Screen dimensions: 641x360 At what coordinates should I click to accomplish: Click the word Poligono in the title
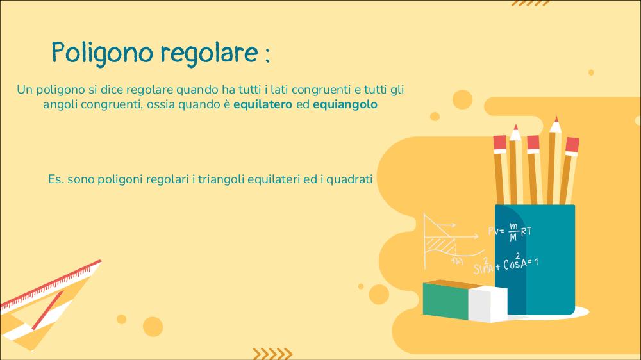(x=102, y=53)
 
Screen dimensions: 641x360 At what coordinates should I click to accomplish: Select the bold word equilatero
(x=262, y=104)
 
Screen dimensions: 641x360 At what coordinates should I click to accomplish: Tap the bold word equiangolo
(x=345, y=104)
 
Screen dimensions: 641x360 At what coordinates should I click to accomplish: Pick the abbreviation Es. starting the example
(x=56, y=179)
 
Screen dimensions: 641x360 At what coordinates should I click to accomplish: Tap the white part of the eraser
(x=488, y=305)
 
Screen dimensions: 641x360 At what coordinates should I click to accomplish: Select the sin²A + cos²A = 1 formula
(x=506, y=265)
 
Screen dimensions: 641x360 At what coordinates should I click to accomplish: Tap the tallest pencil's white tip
(x=555, y=125)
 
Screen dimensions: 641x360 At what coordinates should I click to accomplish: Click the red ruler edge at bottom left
(x=51, y=284)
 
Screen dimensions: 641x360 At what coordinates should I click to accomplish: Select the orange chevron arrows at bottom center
(x=272, y=354)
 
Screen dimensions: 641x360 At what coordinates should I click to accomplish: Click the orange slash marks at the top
(x=531, y=3)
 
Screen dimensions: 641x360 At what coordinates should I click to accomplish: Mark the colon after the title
(x=267, y=55)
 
